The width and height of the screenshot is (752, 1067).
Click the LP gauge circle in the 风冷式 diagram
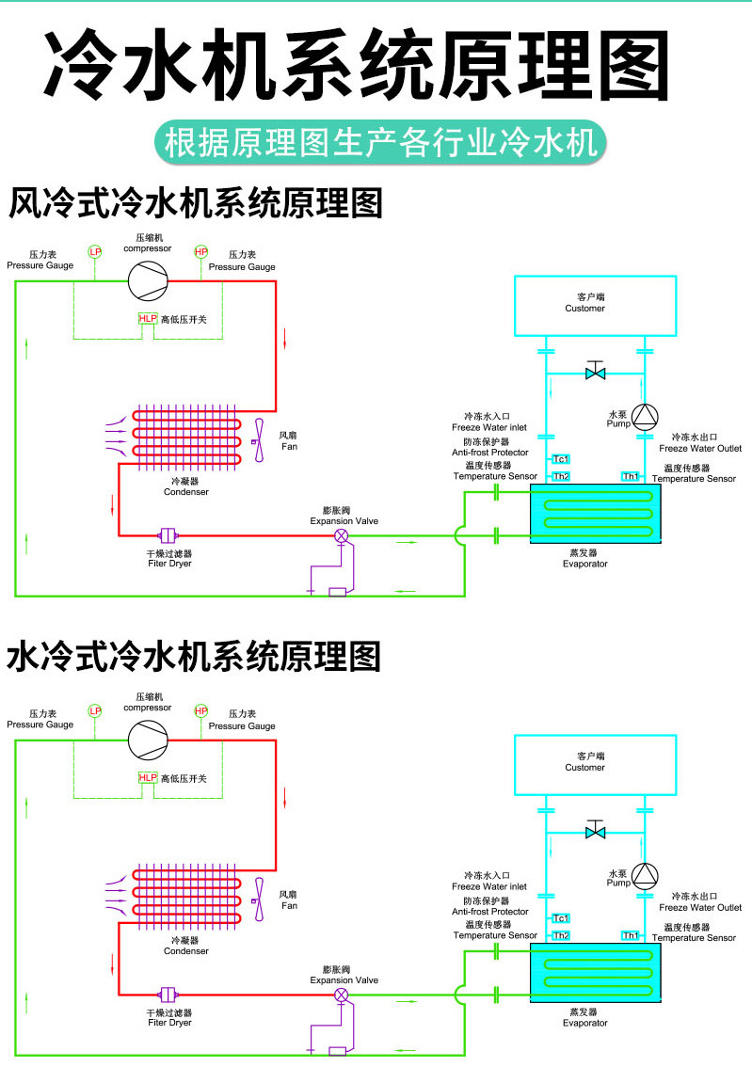(x=94, y=252)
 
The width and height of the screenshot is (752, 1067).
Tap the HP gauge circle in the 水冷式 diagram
(x=200, y=710)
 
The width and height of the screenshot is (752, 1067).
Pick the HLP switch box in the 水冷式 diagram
(x=148, y=778)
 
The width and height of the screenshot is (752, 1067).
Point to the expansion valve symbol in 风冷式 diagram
(x=342, y=535)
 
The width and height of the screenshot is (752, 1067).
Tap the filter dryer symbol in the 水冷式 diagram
(x=169, y=994)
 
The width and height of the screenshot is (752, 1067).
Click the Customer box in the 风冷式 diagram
(x=595, y=305)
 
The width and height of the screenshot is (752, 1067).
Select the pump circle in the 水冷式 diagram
(x=646, y=874)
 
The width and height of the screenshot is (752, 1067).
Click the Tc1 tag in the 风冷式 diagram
(x=560, y=459)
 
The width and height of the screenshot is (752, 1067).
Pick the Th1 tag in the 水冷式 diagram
(x=631, y=935)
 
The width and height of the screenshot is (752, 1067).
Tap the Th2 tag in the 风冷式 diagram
(x=560, y=476)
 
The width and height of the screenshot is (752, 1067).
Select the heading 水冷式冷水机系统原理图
(x=194, y=656)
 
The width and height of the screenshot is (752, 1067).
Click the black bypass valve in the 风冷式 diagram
(x=595, y=373)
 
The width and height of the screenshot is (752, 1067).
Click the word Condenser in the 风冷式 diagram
(x=185, y=492)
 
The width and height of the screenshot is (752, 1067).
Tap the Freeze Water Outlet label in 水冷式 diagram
(x=700, y=908)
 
